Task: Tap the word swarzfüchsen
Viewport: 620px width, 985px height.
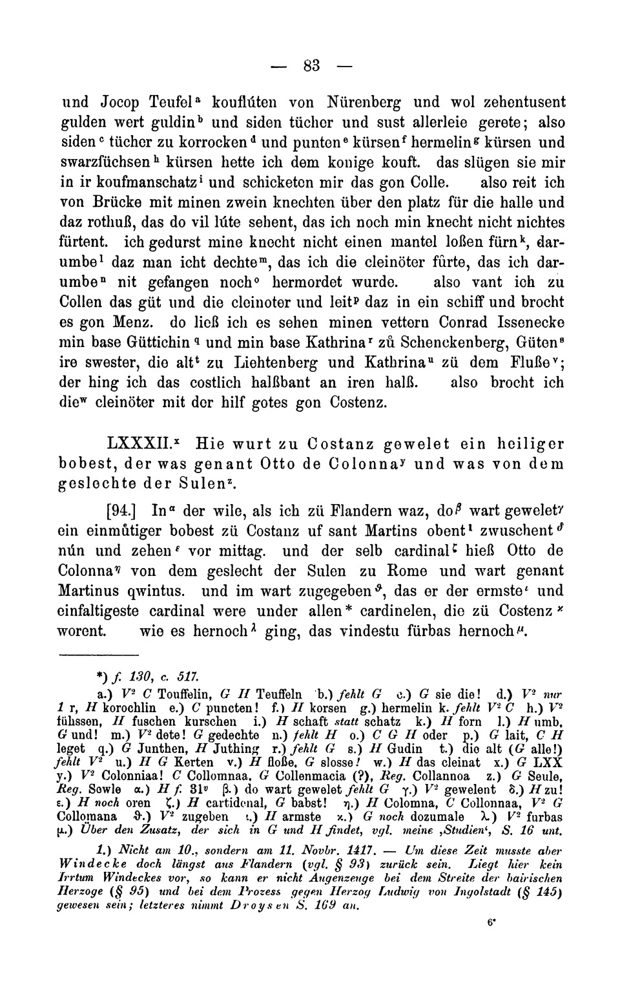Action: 96,163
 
